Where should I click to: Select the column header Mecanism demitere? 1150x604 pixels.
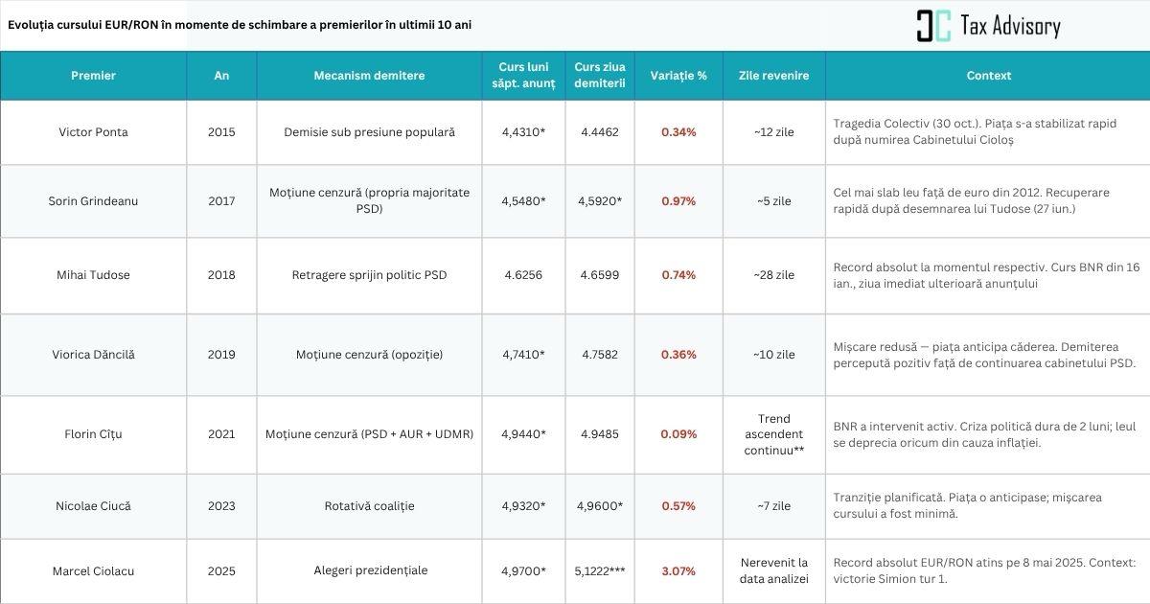[x=369, y=76]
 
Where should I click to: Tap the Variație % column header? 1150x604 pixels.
[x=678, y=76]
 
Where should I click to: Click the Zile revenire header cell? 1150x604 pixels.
[x=773, y=76]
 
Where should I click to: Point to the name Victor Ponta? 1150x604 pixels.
[x=93, y=132]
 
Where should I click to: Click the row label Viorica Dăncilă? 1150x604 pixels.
[x=93, y=355]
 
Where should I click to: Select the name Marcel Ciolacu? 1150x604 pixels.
[x=93, y=571]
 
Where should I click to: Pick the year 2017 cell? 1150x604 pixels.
[x=221, y=201]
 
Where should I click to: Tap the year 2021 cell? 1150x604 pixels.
[x=221, y=434]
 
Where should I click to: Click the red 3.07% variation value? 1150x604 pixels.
[x=678, y=571]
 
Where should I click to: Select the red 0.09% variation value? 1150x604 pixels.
[x=678, y=434]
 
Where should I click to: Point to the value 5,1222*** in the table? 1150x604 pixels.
[x=600, y=571]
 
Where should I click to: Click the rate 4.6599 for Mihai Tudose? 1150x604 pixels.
[x=600, y=275]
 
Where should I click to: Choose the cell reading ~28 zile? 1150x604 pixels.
[x=773, y=275]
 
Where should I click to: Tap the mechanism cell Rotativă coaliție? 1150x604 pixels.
[x=369, y=506]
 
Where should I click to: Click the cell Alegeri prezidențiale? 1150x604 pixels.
[x=369, y=570]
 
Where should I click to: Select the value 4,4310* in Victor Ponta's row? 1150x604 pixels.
[x=523, y=132]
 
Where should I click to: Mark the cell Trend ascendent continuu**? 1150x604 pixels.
[x=773, y=434]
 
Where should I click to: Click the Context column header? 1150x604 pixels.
[x=988, y=76]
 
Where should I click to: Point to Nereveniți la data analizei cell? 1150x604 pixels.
[x=773, y=570]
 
